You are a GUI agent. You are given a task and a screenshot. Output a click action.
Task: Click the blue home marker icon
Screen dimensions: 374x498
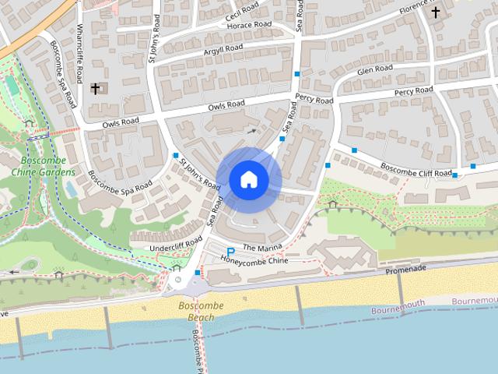tap(248, 179)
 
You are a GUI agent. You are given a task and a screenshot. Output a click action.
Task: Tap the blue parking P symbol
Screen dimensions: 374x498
tap(230, 251)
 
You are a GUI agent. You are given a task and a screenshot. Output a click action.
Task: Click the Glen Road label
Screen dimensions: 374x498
tap(374, 70)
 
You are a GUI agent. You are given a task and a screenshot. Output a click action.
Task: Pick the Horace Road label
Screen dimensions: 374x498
tap(249, 25)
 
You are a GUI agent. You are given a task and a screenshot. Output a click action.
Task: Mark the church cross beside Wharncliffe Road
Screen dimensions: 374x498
tap(96, 89)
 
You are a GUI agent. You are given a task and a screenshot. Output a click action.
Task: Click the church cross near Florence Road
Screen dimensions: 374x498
tap(436, 12)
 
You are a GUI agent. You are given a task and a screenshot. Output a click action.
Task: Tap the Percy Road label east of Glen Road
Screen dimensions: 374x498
tap(413, 92)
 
